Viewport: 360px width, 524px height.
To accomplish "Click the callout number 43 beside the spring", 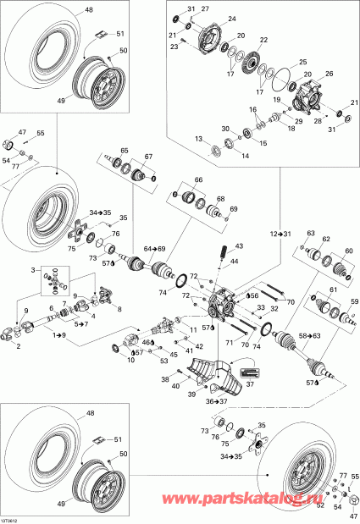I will pyautogui.click(x=239, y=246).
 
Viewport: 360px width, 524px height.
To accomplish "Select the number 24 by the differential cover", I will pyautogui.click(x=232, y=18).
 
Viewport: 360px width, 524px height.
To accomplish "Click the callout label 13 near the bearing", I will pyautogui.click(x=198, y=138).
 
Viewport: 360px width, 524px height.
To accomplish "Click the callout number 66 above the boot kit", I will pyautogui.click(x=200, y=180).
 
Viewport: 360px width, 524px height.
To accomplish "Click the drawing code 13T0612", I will pyautogui.click(x=11, y=519).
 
